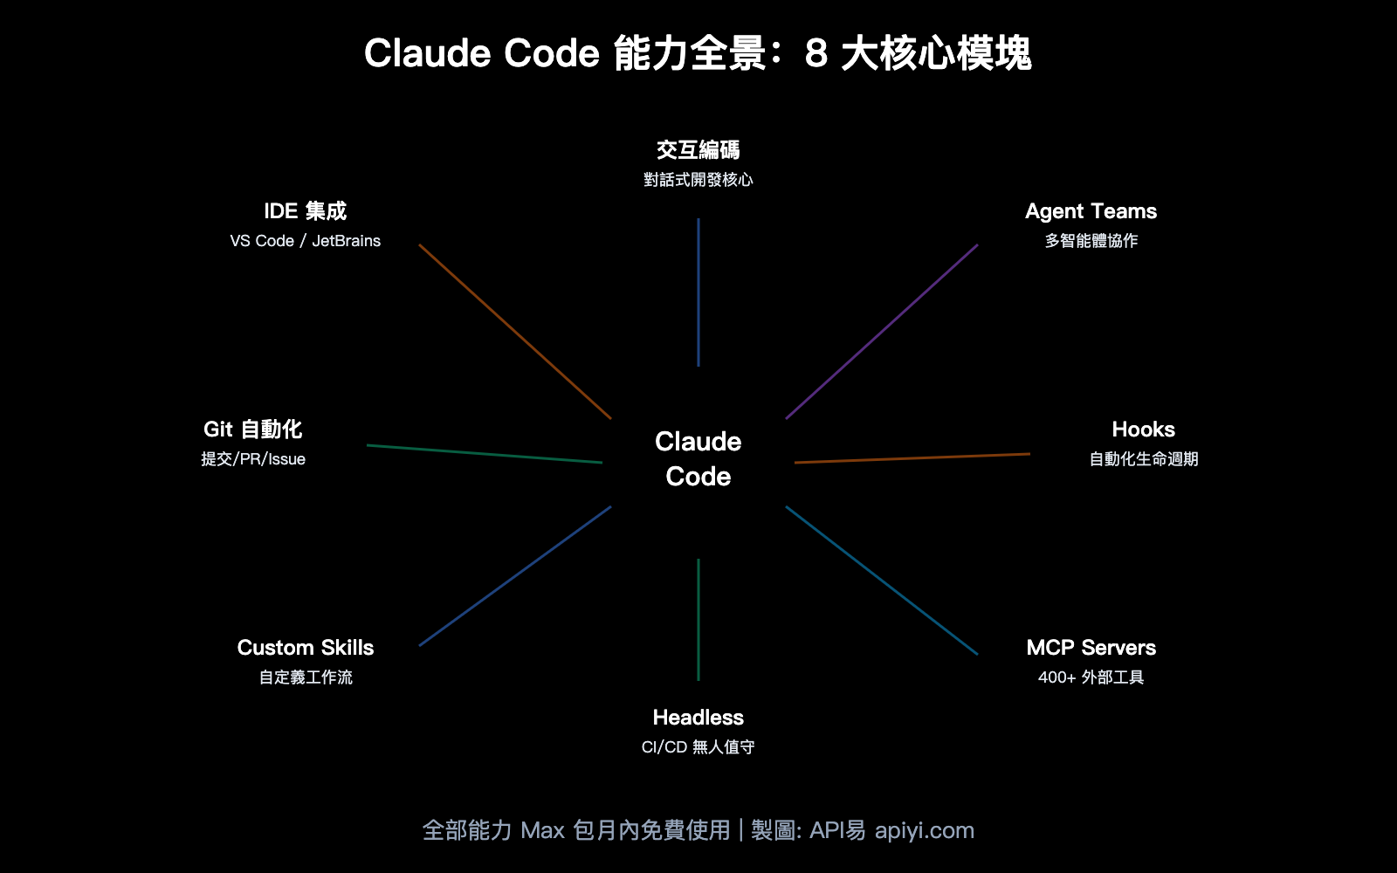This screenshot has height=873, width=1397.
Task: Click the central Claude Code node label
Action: point(698,458)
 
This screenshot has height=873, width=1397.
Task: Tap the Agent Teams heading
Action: point(1091,211)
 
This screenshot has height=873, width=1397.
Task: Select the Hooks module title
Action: point(1143,430)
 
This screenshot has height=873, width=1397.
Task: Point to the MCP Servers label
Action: point(1091,648)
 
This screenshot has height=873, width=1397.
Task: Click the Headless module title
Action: point(698,718)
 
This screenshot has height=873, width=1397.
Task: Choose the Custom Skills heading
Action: point(306,648)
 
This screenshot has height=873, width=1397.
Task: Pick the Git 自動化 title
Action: point(252,430)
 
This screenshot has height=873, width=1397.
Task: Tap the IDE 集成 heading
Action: point(306,211)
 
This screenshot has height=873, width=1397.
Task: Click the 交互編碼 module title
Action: point(698,150)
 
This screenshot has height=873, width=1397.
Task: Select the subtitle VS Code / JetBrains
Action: point(306,241)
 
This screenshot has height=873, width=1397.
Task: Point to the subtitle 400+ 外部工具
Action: point(1091,677)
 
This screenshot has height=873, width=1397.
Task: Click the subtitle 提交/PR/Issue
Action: point(253,459)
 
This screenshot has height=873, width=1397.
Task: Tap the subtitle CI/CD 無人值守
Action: point(698,747)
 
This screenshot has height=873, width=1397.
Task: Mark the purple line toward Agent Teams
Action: point(882,332)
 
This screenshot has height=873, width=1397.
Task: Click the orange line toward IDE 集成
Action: point(515,332)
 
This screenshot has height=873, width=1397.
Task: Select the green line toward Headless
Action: point(698,620)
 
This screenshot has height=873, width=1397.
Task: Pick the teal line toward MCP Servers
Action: point(882,581)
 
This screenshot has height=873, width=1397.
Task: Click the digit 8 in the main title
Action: point(815,54)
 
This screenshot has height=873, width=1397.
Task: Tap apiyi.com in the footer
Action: point(924,830)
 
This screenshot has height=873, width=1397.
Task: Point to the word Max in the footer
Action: point(542,830)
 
